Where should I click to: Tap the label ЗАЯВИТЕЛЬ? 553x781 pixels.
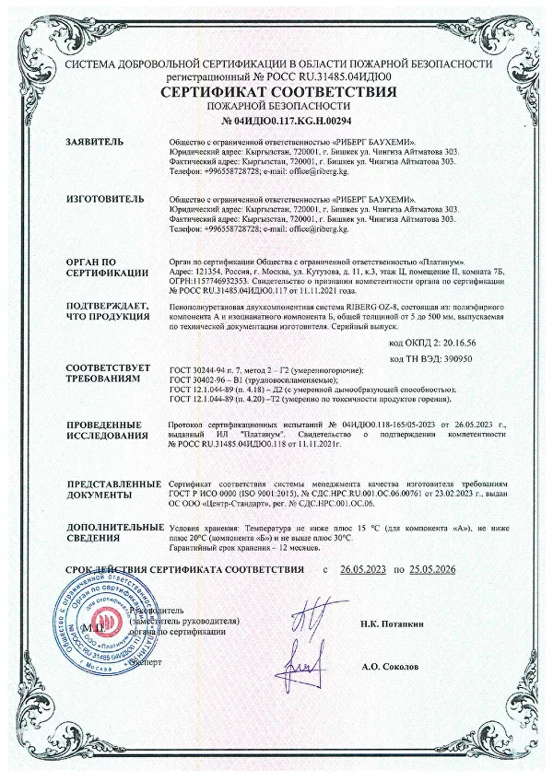coord(93,143)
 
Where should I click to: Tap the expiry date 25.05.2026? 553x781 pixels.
coord(441,571)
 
